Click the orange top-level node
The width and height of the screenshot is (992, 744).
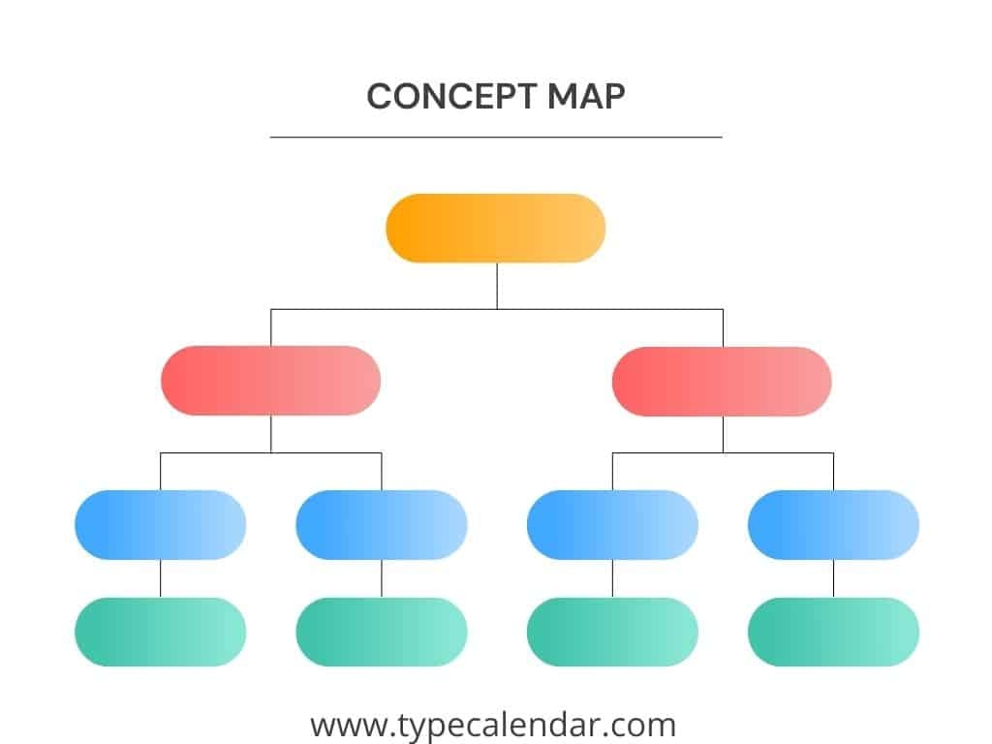(496, 229)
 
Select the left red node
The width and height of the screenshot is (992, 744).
(271, 381)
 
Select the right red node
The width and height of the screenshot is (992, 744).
(722, 382)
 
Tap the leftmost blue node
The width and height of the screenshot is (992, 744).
(161, 525)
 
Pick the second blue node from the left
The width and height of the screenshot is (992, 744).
(382, 525)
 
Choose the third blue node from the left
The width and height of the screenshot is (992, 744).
(612, 525)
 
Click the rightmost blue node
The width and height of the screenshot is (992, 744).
(834, 525)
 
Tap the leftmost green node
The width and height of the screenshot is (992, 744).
(161, 632)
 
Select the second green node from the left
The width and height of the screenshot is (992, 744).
(382, 632)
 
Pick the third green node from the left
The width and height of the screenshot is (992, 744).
(612, 632)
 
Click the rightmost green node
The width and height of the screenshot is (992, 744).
(834, 632)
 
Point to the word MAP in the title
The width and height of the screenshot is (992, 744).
(586, 97)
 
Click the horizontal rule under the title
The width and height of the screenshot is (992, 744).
(496, 137)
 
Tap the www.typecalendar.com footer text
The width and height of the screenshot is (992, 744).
(493, 725)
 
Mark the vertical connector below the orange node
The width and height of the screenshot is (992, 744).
(497, 286)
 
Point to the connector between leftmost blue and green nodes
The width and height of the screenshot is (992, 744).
(161, 578)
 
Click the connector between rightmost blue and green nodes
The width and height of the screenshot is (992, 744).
(834, 578)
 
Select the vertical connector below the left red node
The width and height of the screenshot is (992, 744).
(271, 434)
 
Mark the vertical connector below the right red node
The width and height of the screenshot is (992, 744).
(723, 435)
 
